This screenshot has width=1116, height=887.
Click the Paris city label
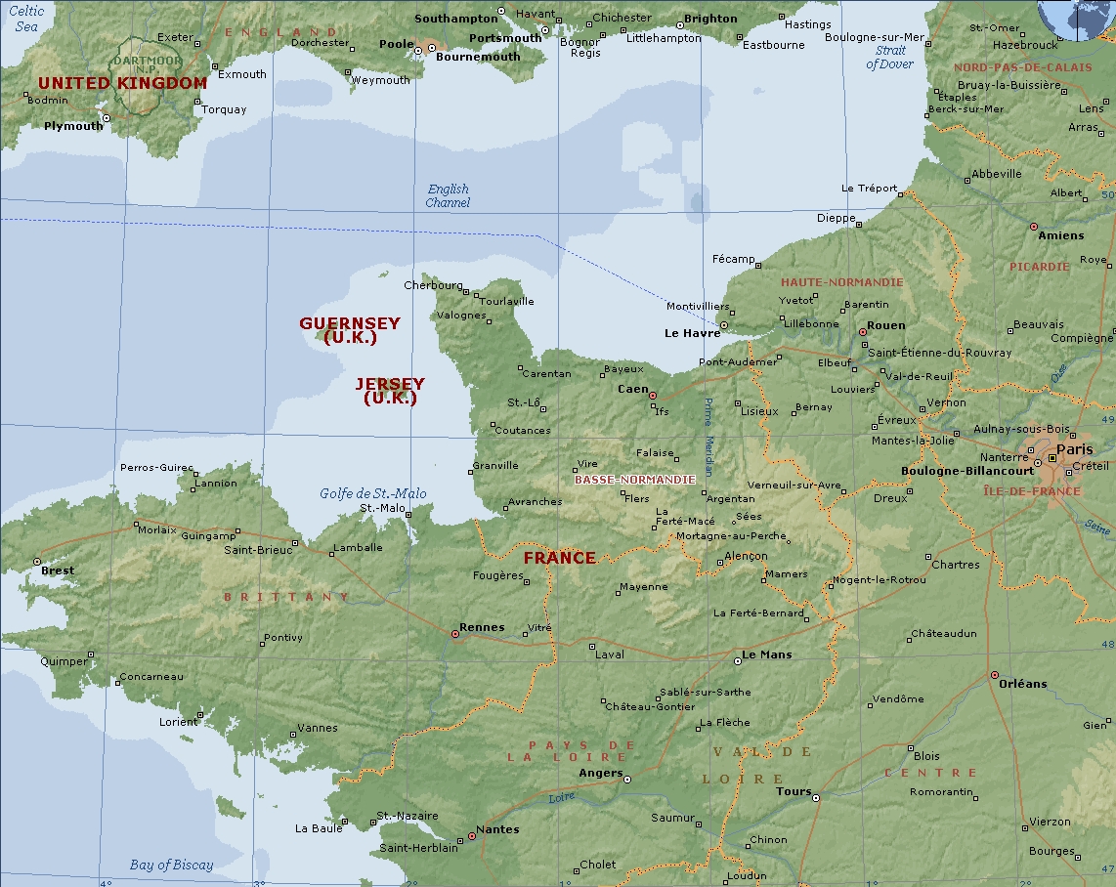(1074, 449)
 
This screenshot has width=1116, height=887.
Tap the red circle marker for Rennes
(454, 634)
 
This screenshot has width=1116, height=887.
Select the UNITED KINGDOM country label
(122, 83)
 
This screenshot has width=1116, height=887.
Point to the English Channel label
(448, 195)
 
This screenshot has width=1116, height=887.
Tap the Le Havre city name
(692, 333)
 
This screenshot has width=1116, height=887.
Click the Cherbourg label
(433, 285)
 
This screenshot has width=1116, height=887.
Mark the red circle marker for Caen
(653, 396)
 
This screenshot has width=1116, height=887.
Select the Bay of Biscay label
(171, 865)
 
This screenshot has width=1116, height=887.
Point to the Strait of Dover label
(889, 58)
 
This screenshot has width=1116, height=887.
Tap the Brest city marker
(37, 562)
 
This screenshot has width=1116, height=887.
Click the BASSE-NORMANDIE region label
(634, 480)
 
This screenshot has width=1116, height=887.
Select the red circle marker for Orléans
(994, 675)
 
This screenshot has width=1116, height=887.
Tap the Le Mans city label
(767, 655)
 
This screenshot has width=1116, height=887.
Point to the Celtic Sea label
(26, 19)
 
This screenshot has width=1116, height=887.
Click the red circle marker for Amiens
(1033, 227)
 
